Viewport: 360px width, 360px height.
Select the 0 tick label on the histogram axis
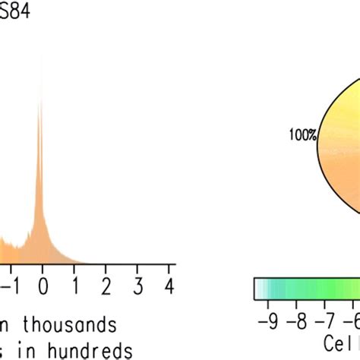(43, 287)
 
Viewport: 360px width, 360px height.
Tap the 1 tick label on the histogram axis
(74, 287)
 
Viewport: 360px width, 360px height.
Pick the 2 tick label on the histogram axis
(106, 287)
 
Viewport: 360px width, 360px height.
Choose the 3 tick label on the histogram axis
(137, 287)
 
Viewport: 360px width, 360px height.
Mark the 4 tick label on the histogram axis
(169, 287)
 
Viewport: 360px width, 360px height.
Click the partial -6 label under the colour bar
(354, 320)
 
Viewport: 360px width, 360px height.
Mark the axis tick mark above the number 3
(137, 269)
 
